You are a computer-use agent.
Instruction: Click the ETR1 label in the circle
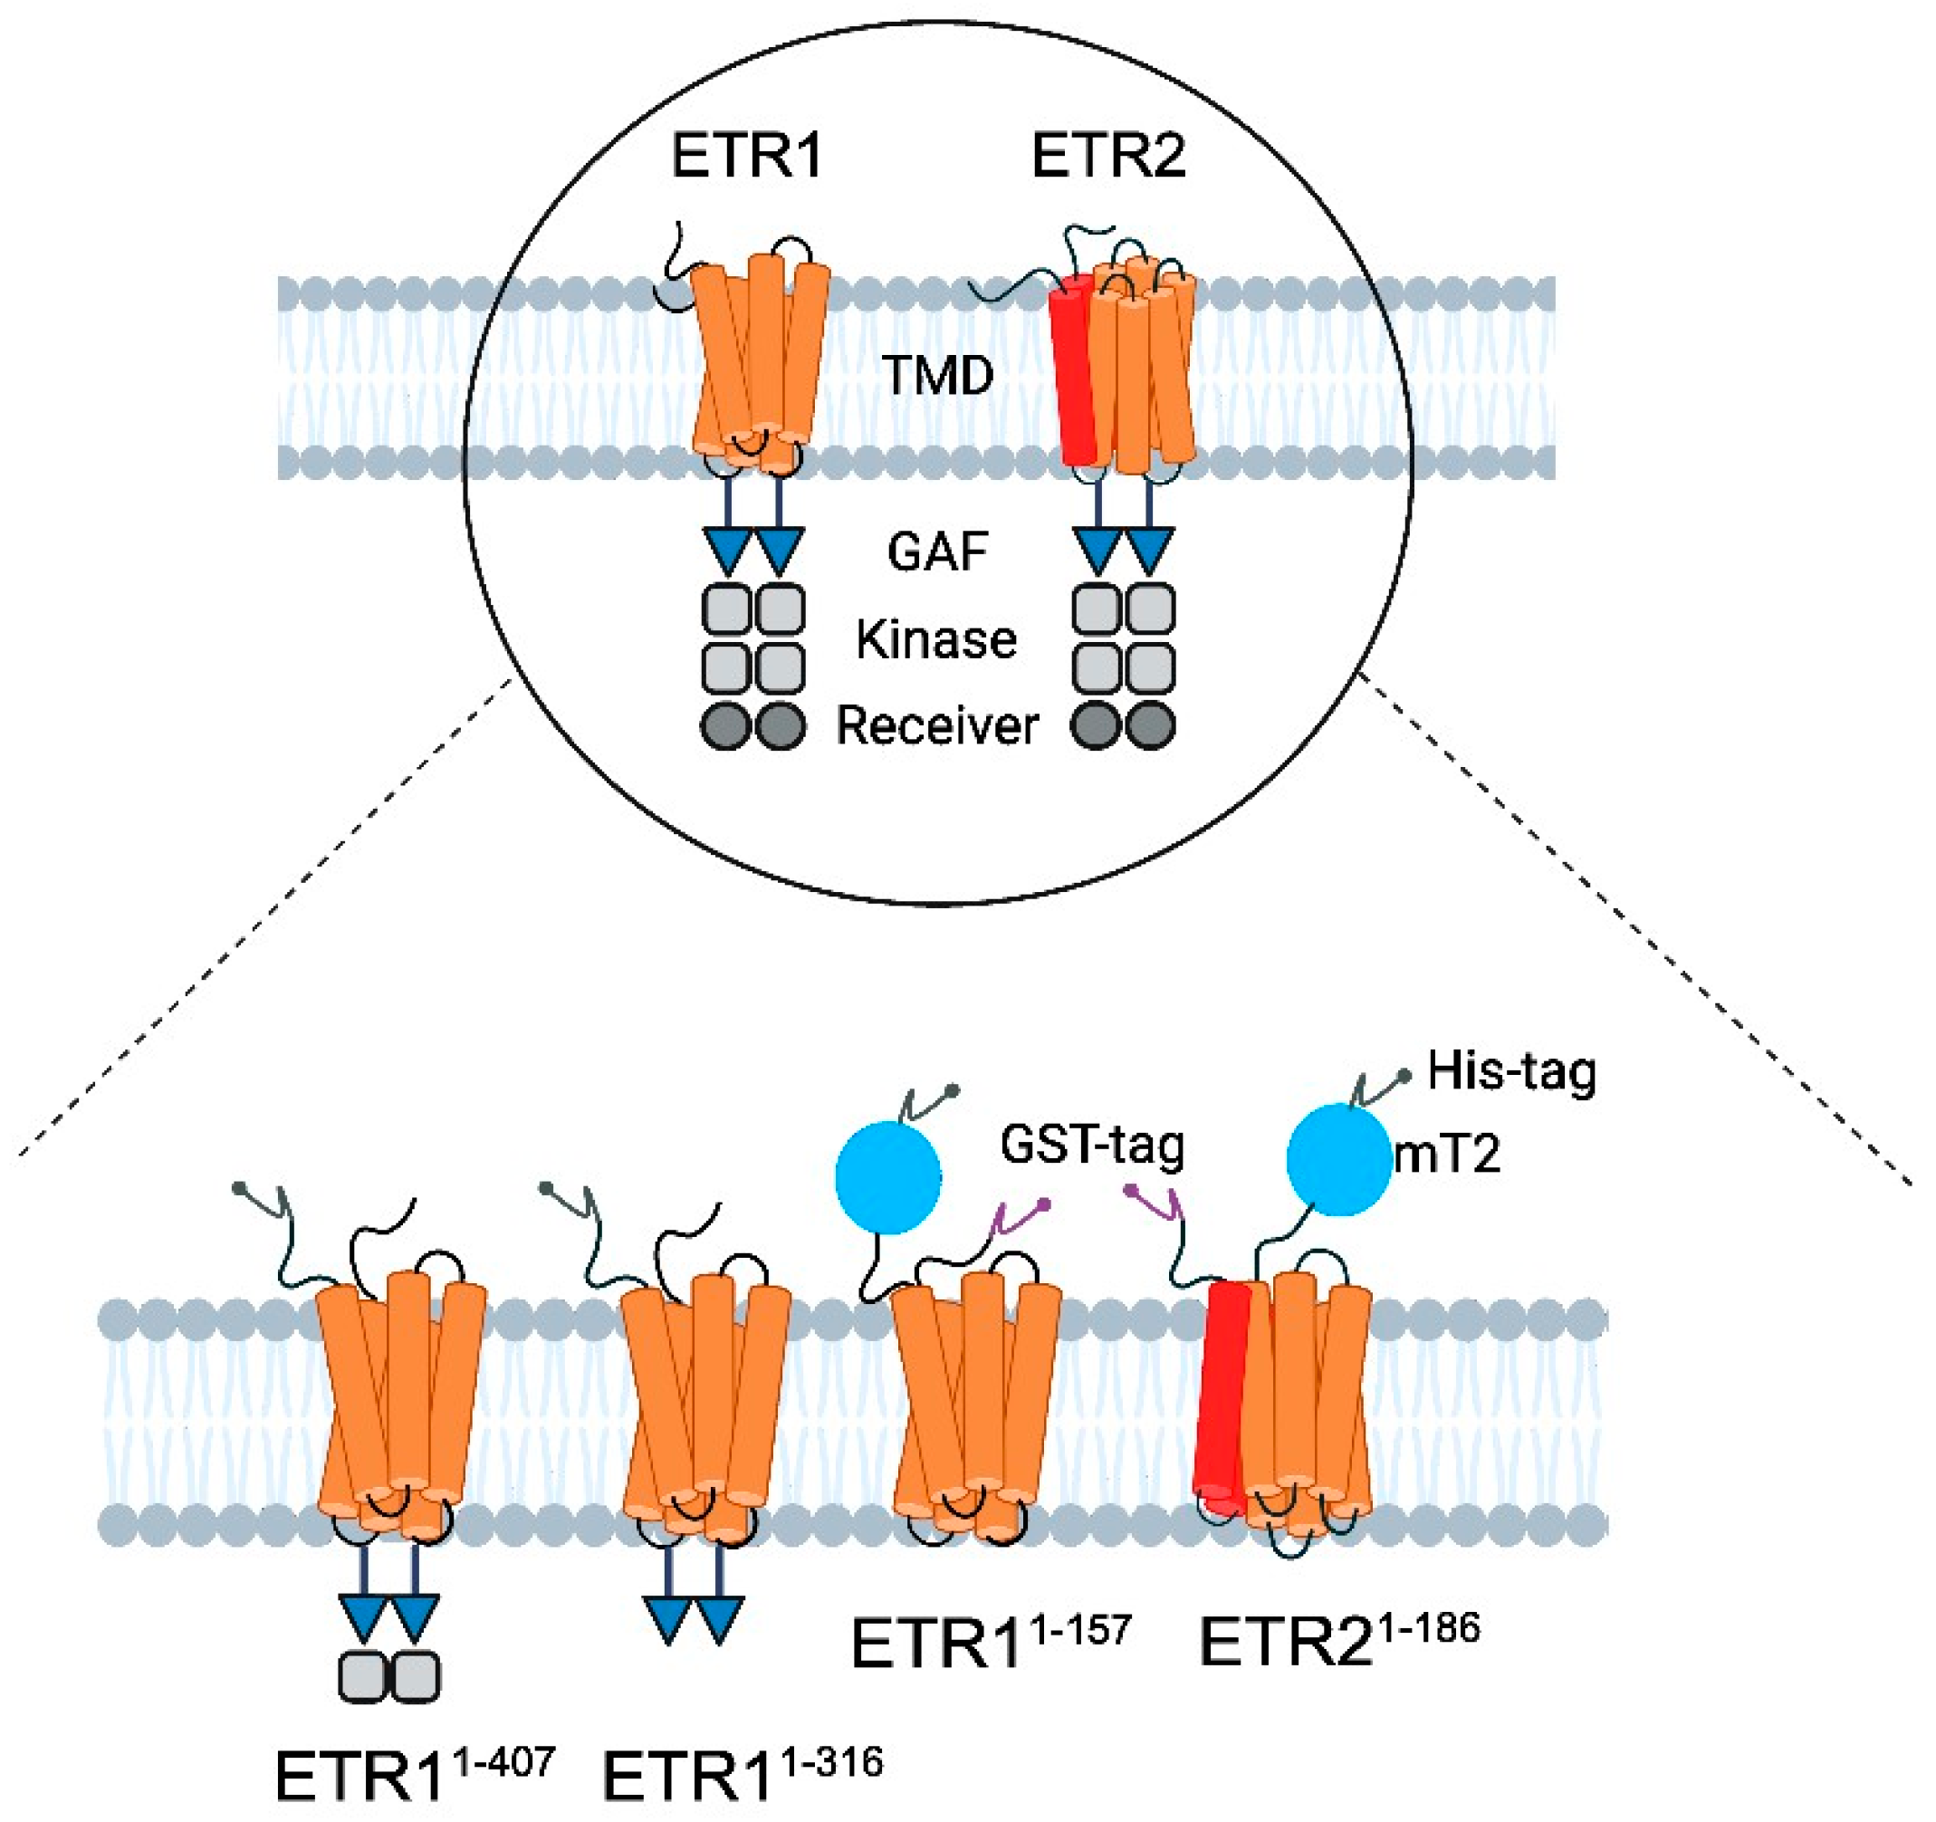tap(747, 156)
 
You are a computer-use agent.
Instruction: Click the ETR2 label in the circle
tap(1108, 156)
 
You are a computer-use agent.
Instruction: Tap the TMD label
tap(937, 375)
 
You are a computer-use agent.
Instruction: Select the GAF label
tap(938, 552)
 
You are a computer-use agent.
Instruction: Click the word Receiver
tap(937, 725)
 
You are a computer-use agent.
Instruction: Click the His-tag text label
tap(1511, 1072)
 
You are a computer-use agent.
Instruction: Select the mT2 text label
tap(1447, 1154)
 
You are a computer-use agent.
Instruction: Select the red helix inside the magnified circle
tap(1074, 370)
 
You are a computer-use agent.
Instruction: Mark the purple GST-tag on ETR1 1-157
tap(1018, 1217)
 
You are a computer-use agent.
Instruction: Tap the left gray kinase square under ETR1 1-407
tap(363, 1675)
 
